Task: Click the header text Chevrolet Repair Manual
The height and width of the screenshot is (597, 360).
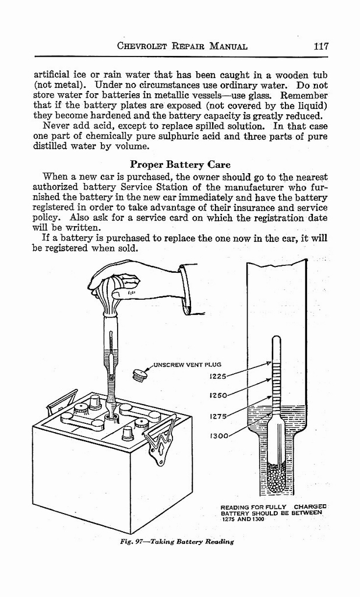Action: tap(182, 46)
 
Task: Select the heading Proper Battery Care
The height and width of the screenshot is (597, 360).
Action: tap(180, 164)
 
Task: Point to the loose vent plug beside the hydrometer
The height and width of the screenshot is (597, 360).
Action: tap(139, 374)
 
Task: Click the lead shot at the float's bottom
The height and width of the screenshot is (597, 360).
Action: tap(276, 477)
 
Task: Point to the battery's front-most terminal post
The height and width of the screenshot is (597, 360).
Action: tap(128, 433)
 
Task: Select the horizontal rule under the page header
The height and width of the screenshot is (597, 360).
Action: tap(181, 57)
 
